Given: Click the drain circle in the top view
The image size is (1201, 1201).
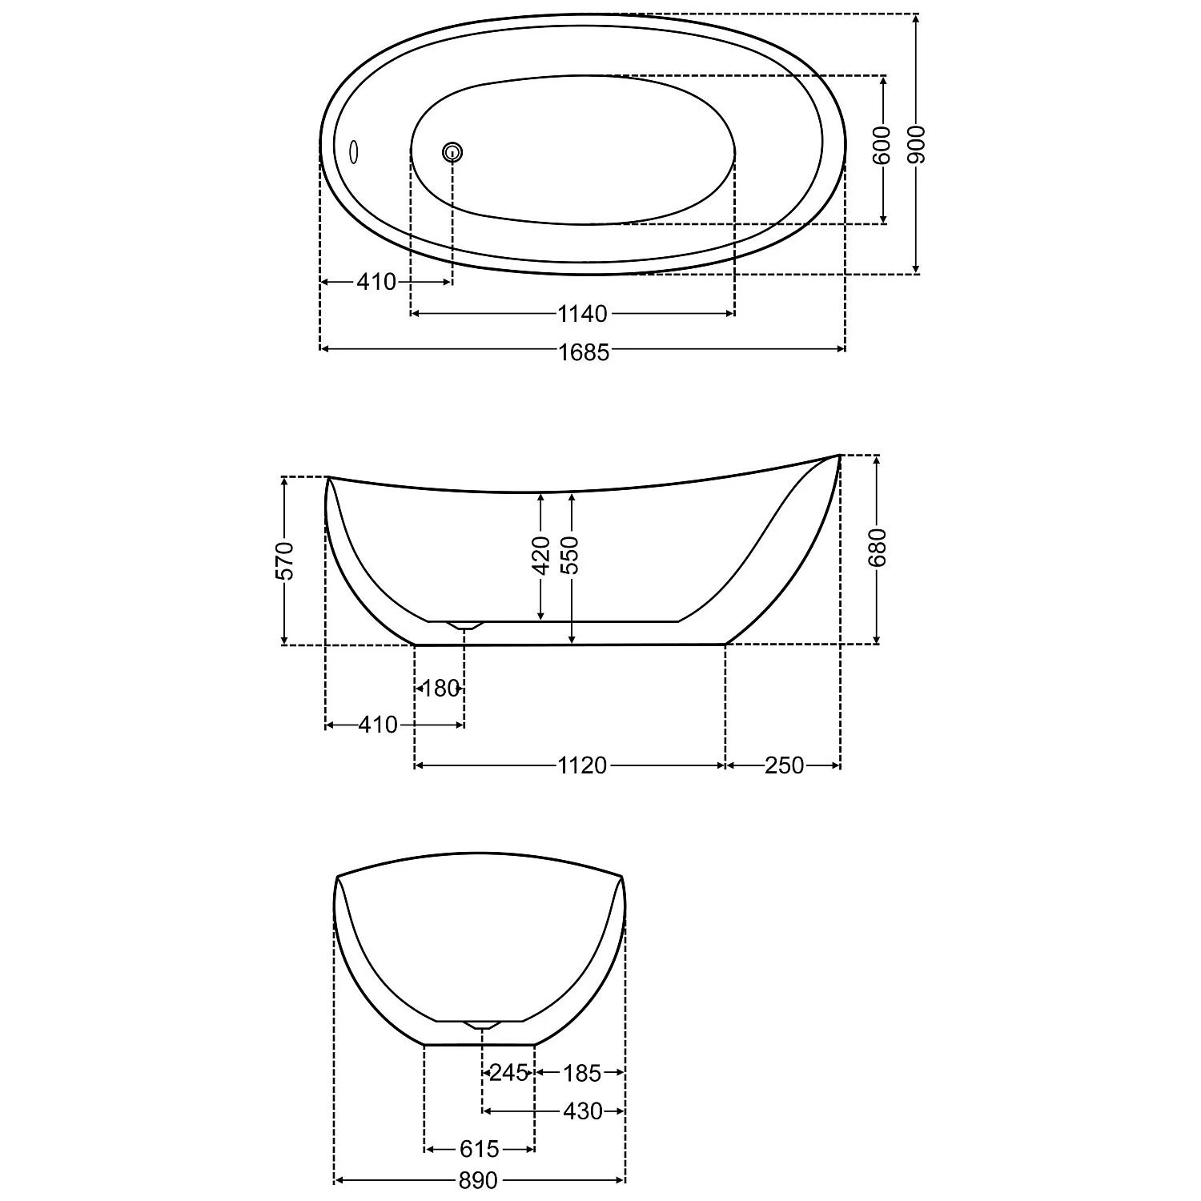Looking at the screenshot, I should pos(452,151).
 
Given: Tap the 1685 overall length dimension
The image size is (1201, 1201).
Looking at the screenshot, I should pos(584,351).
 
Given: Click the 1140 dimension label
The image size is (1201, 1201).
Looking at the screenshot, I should pos(582,314).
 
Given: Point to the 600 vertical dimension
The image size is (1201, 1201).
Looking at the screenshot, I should pos(882,145).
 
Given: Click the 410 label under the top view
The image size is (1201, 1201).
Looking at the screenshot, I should pos(376,282).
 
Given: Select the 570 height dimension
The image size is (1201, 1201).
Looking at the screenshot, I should pos(285,560).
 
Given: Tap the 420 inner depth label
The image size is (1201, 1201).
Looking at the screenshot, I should pos(541,555).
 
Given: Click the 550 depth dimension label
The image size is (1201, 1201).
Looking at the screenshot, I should pos(571,555).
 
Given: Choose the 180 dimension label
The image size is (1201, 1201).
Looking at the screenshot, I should pos(440,688).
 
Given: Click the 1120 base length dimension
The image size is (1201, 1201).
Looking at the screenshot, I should pos(582,765).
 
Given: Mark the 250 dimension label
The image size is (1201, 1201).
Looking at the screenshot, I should pos(783,765).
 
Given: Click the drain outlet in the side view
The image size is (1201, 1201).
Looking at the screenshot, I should pos(464,625).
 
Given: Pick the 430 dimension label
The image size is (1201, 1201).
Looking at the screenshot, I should pos(582,1111).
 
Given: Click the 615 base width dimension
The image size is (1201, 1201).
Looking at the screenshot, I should pos(479,1150).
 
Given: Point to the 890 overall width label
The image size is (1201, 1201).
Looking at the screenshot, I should pos(478,1181).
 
